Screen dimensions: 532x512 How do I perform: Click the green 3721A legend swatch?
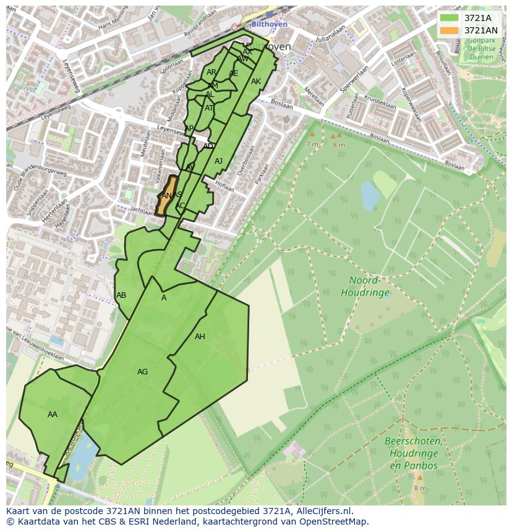pos(449,19)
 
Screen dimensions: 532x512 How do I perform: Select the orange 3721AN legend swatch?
pos(449,30)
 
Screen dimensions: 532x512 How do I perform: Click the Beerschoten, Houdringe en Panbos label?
pos(412,453)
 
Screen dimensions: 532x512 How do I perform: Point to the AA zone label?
pos(53,415)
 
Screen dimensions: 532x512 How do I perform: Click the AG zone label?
pos(142,372)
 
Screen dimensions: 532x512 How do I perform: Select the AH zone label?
pos(200,337)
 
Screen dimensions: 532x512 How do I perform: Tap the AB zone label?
pos(121,295)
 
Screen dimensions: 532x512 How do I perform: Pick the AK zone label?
pos(256,82)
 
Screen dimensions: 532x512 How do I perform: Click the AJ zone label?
pos(218,161)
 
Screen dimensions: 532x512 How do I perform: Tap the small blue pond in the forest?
pos(370,196)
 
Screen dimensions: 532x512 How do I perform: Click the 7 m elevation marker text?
pos(312,144)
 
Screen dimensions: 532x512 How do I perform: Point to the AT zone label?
pos(209,108)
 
